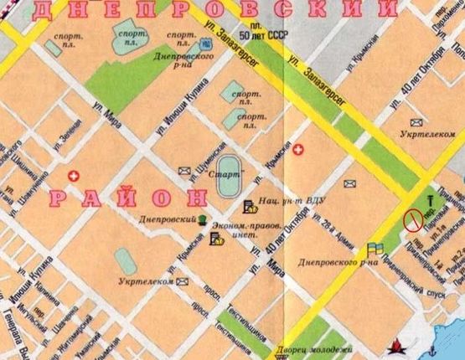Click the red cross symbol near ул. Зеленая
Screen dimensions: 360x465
(74, 177)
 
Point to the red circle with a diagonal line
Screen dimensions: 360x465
(412, 220)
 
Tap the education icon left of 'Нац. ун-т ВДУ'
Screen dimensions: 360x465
(248, 206)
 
